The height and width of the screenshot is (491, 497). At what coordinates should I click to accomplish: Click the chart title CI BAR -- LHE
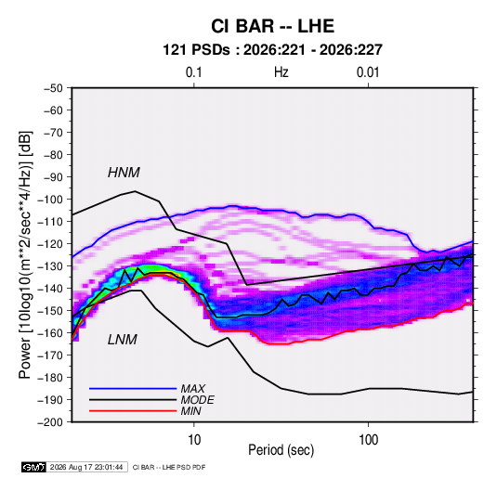[x=272, y=26]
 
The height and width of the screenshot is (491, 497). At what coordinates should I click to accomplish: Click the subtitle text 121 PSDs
[x=196, y=50]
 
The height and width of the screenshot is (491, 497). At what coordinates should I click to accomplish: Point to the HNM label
[x=124, y=173]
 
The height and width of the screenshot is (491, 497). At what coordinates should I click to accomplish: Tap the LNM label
[x=123, y=340]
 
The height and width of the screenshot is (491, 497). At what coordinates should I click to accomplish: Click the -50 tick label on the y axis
[x=53, y=88]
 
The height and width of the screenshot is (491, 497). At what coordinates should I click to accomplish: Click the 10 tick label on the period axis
[x=194, y=440]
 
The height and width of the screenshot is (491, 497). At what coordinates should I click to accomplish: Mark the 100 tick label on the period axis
[x=368, y=440]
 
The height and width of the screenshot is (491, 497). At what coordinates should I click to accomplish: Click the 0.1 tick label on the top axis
[x=193, y=72]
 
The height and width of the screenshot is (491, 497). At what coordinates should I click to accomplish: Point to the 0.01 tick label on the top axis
[x=368, y=72]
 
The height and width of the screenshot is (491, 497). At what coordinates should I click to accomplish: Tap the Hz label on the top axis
[x=281, y=72]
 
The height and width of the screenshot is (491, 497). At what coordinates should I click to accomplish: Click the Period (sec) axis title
[x=281, y=450]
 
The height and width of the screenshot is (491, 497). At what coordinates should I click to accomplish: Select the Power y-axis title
[x=25, y=254]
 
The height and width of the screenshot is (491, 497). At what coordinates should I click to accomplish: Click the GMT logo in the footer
[x=34, y=467]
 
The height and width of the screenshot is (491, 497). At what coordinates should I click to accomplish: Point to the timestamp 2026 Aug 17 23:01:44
[x=86, y=467]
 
